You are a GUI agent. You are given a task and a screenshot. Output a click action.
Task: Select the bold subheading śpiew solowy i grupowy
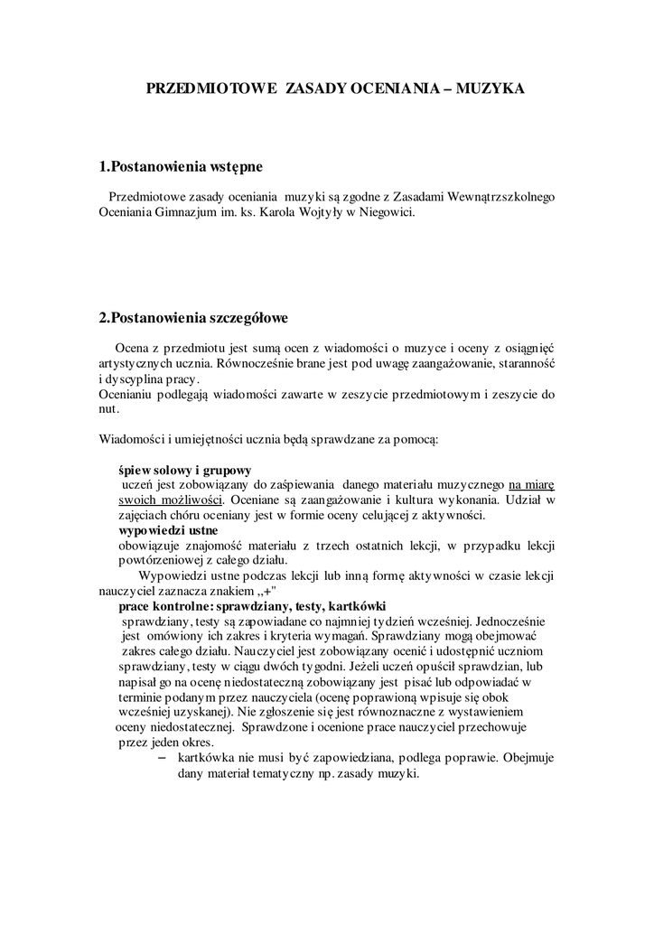(185, 471)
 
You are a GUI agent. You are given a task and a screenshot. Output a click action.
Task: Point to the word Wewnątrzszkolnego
(483, 197)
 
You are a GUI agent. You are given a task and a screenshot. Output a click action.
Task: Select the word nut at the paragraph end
(107, 409)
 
